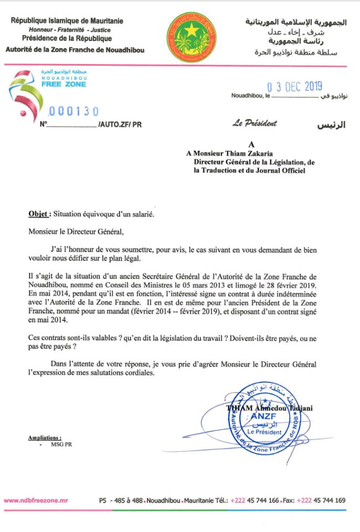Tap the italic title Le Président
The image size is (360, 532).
[x=255, y=124]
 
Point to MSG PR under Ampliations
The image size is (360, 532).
[x=58, y=444]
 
